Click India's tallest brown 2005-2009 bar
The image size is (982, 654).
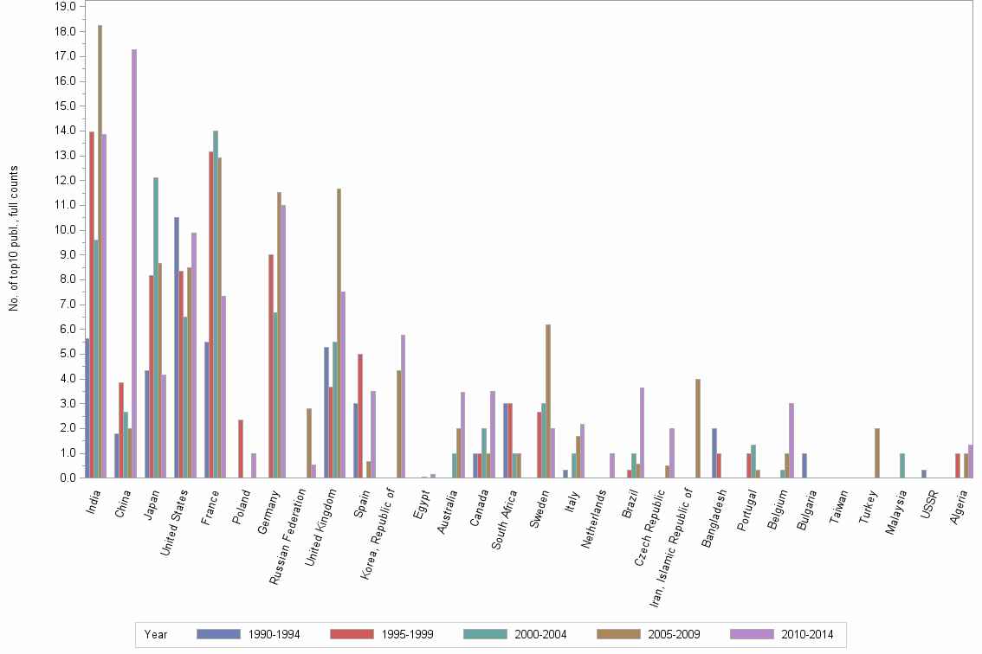(x=100, y=251)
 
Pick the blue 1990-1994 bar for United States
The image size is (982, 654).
(x=177, y=347)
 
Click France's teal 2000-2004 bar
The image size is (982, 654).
(x=216, y=304)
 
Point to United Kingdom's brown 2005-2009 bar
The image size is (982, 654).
(x=339, y=333)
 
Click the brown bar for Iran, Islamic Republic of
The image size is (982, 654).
(x=697, y=428)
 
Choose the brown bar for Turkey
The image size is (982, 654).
(x=877, y=452)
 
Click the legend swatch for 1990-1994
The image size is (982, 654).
(x=219, y=634)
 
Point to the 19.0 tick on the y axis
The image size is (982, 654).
(x=67, y=6)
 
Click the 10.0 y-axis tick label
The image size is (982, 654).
(x=67, y=230)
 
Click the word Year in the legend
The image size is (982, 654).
(x=156, y=634)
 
